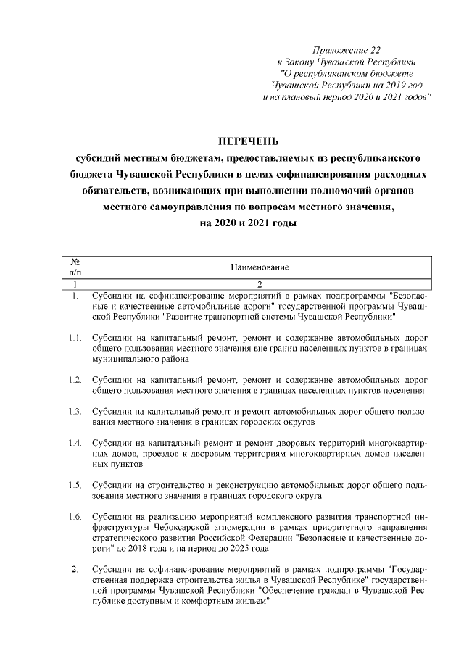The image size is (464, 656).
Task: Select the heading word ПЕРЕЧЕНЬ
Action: click(x=249, y=139)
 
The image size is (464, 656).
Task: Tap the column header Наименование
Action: click(x=260, y=267)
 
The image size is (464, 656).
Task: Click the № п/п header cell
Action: click(x=75, y=267)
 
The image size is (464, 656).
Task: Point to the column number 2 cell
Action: click(x=260, y=284)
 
